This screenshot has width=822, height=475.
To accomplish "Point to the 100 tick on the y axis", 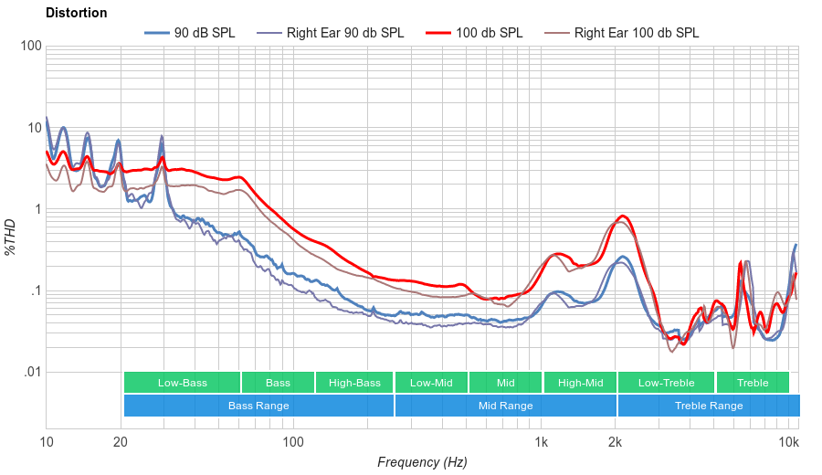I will click(x=30, y=47).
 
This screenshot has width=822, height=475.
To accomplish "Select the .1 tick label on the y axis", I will click(x=34, y=291).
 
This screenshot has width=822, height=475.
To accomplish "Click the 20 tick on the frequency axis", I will click(x=121, y=442).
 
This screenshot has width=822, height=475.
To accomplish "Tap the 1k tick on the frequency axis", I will click(x=541, y=442).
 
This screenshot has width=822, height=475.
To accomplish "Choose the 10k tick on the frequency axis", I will click(x=789, y=442).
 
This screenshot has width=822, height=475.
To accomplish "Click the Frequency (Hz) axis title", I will click(x=422, y=462).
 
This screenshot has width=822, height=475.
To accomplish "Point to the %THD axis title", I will click(x=11, y=237).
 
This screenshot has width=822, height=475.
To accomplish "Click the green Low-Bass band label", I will click(x=182, y=383).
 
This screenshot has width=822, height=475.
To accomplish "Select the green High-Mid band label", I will click(x=580, y=383).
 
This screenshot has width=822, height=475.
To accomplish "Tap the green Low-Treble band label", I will click(x=666, y=383).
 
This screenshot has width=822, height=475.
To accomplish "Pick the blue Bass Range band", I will click(x=258, y=406).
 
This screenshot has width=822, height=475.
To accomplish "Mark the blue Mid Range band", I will click(x=505, y=406).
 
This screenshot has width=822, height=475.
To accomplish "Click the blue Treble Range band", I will click(x=708, y=406).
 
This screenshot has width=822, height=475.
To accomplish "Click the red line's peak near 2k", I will click(x=623, y=216).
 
